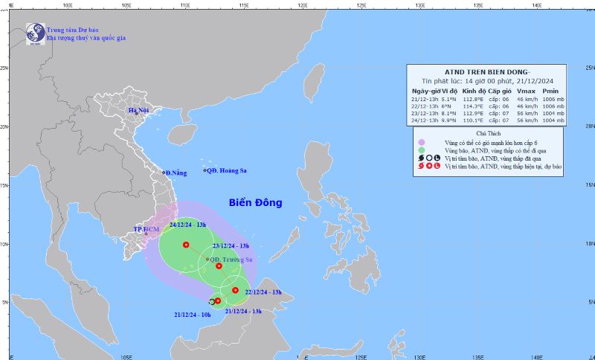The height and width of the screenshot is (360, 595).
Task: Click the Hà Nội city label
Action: click(138, 110)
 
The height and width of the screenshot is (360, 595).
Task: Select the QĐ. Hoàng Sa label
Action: click(227, 170)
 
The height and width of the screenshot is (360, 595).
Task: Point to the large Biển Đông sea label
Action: click(255, 202)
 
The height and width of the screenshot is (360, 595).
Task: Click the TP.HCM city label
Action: click(147, 229)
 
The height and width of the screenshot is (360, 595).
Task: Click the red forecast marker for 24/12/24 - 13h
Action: click(186, 245)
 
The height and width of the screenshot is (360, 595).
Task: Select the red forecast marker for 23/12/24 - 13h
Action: click(219, 266)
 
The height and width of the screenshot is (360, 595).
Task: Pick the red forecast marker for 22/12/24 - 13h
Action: click(235, 290)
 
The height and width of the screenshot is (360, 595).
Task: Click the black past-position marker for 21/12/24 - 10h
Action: click(212, 301)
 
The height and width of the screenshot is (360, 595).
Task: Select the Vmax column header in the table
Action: click(527, 90)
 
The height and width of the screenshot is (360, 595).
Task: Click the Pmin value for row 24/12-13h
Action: click(553, 120)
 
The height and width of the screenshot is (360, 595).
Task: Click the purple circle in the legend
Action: click(421, 141)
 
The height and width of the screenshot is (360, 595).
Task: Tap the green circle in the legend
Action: click(421, 150)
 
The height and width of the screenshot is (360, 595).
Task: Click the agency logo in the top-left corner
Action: click(35, 32)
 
